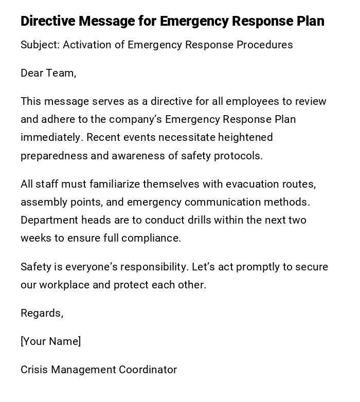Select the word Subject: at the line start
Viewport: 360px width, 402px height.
[40, 45]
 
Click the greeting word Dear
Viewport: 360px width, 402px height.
[32, 74]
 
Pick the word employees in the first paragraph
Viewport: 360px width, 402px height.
[250, 102]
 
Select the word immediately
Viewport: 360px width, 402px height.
[52, 138]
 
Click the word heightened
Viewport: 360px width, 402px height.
[245, 138]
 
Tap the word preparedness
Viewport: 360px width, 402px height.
[54, 156]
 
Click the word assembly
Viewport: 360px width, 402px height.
[42, 203]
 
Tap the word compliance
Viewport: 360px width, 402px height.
[154, 239]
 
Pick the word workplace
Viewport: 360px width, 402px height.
[64, 285]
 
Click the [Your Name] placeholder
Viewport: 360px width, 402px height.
[50, 342]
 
